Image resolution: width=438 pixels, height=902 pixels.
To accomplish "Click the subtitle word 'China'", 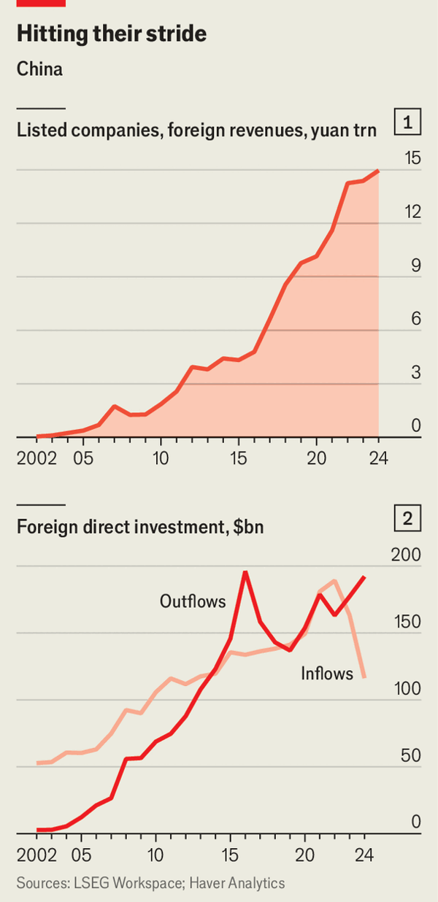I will pos(39,70).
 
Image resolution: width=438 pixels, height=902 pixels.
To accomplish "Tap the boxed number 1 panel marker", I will pos(407,122).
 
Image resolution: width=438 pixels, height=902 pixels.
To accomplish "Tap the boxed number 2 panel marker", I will pos(407,519).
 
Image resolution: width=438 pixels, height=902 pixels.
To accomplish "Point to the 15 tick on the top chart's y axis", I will pos(412,159).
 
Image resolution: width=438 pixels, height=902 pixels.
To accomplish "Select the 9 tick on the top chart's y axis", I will pos(416,266).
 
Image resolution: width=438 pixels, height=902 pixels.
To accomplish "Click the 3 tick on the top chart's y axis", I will pos(416,373).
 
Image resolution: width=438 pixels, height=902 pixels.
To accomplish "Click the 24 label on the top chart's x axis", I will pos(378,459).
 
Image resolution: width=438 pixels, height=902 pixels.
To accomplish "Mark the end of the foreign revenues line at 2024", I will pos(378,171).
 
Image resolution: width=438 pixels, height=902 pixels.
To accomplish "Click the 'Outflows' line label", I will pos(193,601).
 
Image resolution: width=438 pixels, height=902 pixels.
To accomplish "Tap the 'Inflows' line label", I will pos(327,674).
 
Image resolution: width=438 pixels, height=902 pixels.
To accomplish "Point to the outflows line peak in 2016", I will pos(245,571).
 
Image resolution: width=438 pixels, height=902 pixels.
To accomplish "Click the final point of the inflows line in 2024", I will pos(364,677).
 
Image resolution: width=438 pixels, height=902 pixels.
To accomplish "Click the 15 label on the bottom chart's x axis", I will pos(231,855).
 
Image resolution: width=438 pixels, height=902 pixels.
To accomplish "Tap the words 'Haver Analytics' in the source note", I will pos(237,883).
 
